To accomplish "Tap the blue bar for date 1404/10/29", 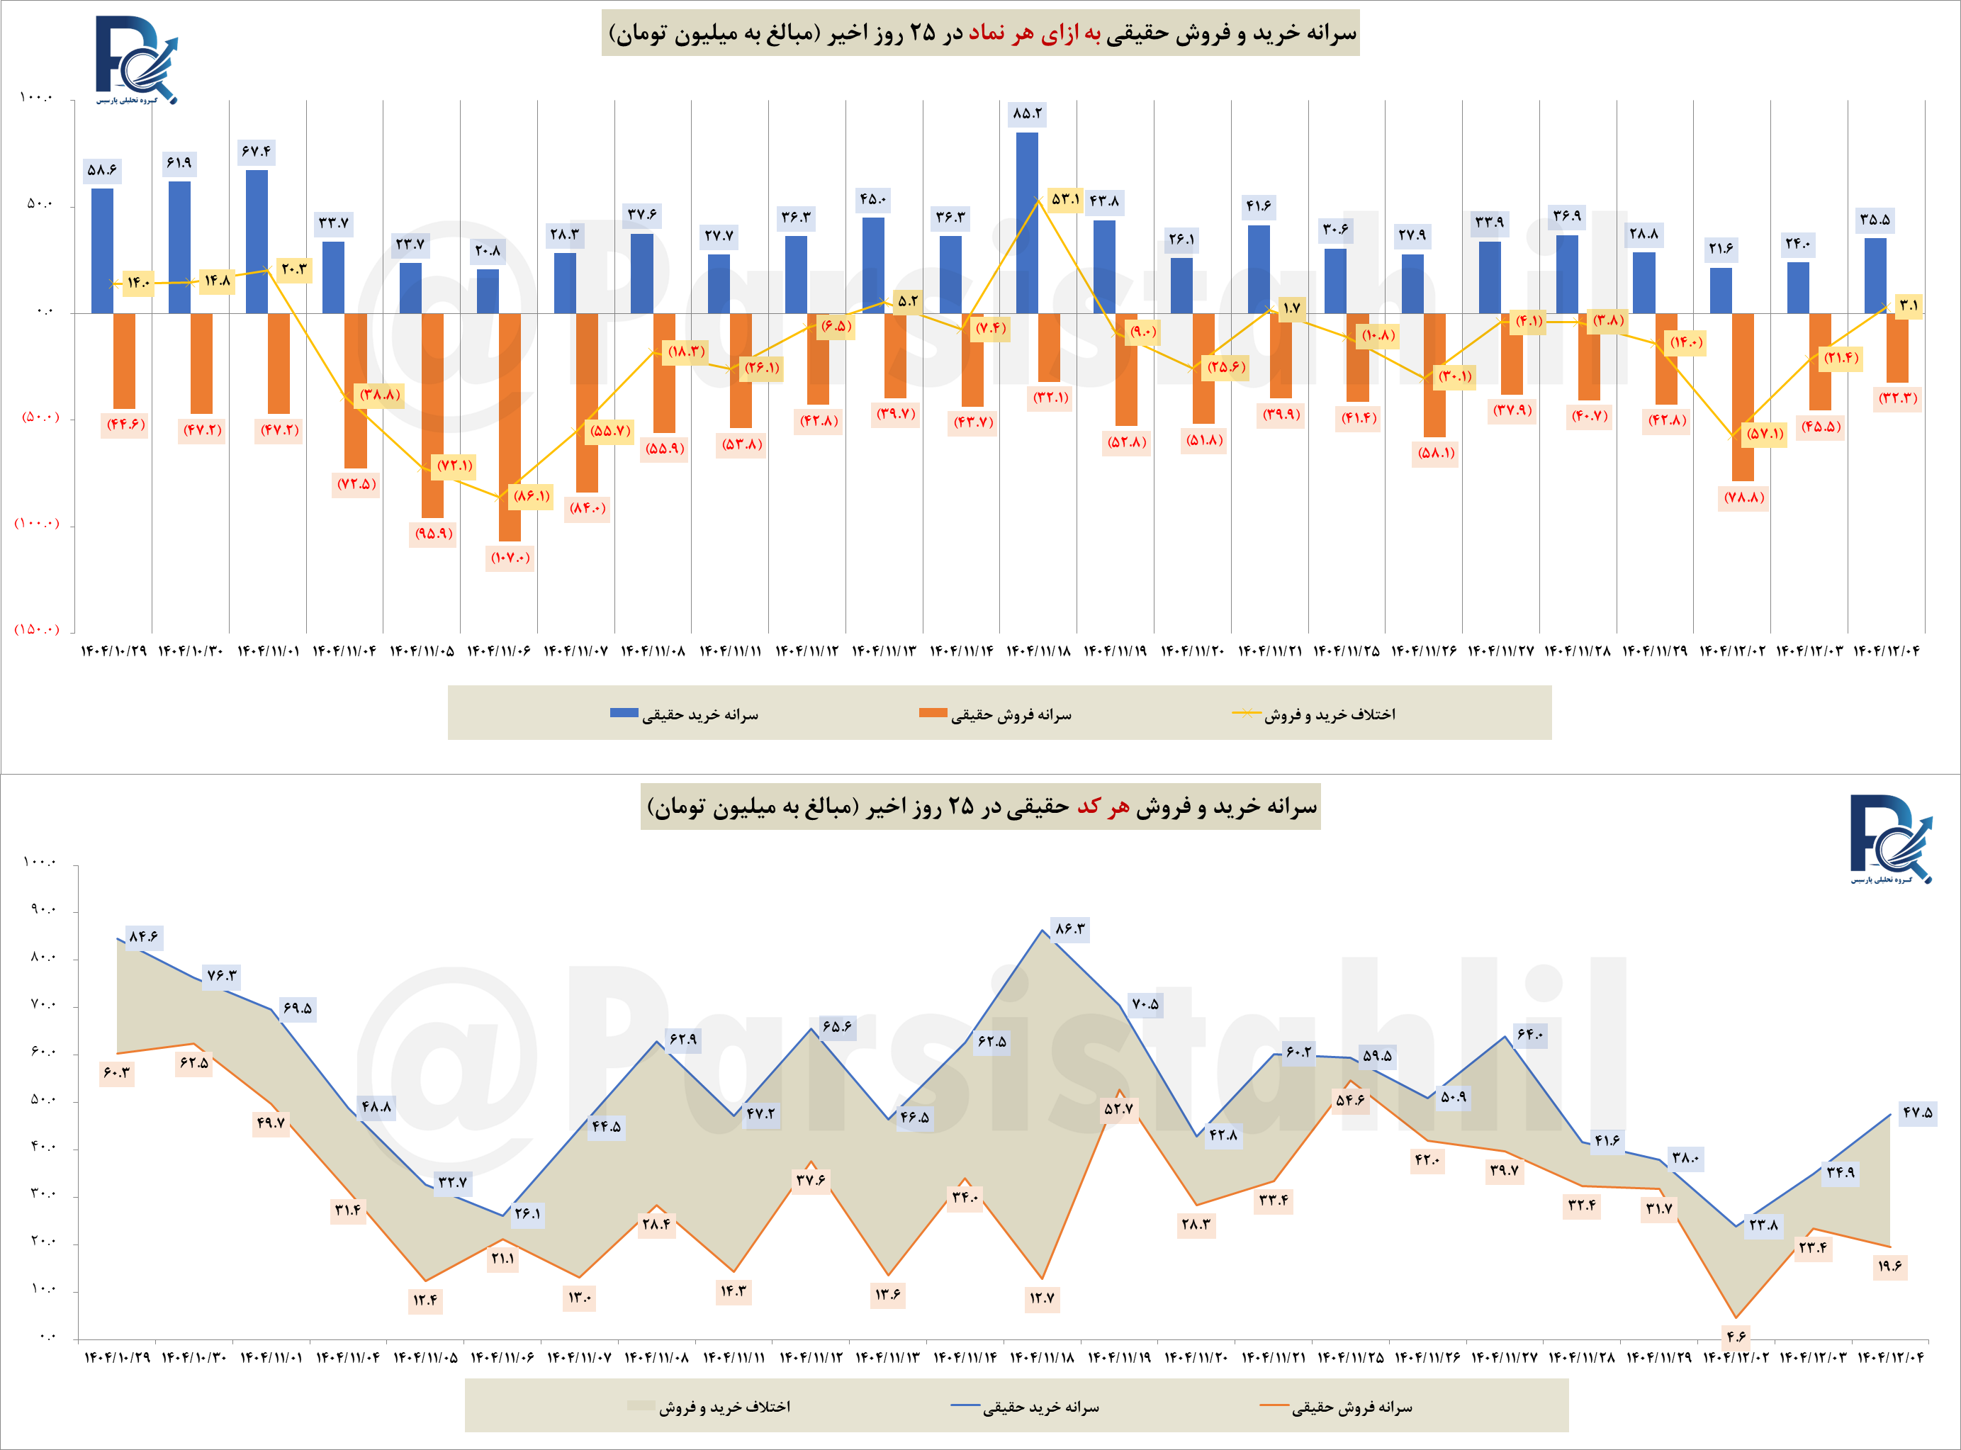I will tap(102, 250).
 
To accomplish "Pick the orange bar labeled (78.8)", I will tap(1743, 397).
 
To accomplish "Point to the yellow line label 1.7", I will tap(1291, 308).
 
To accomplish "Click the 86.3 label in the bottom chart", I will tap(1070, 928).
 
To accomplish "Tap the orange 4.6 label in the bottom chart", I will tap(1736, 1337).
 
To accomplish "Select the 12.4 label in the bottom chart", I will tap(425, 1300).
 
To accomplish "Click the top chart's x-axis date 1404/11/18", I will tap(1038, 651).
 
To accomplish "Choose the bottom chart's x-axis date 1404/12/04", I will tap(1890, 1357).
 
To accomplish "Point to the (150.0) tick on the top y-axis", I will tap(37, 629).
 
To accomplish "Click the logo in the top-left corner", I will tap(136, 60).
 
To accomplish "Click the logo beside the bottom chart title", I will tap(1891, 838).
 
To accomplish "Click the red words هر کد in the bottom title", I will tap(1103, 807).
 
